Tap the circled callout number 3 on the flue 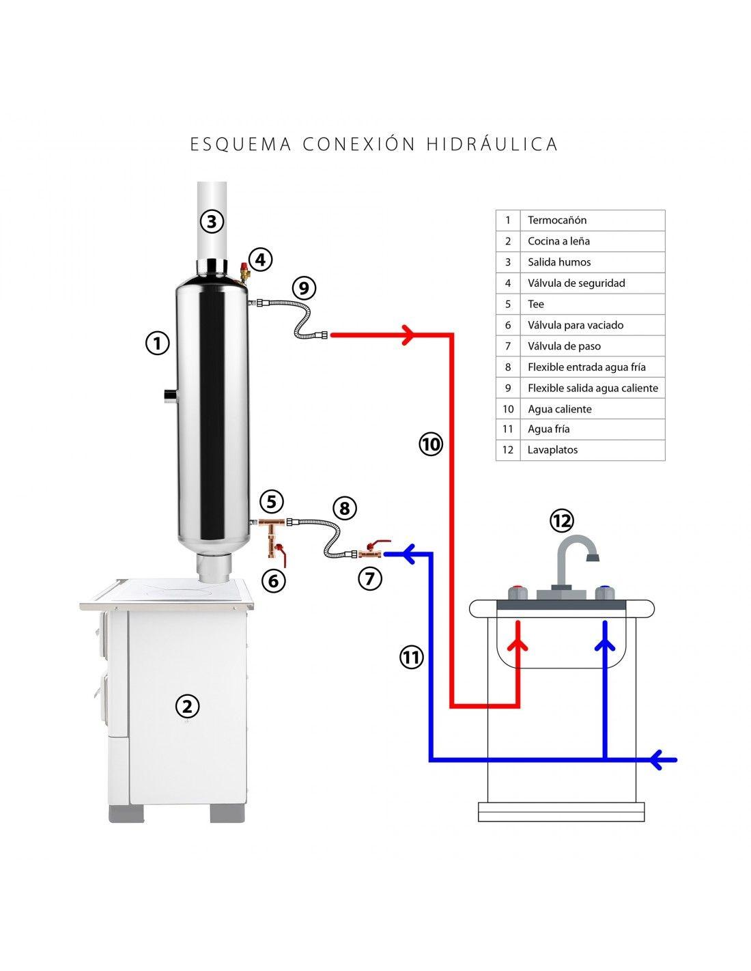point(212,221)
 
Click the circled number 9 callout point(304,287)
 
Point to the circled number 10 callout point(431,445)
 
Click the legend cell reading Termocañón point(556,221)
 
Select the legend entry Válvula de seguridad point(576,283)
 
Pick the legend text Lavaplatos point(552,450)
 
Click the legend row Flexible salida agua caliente point(592,388)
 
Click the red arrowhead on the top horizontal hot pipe point(408,334)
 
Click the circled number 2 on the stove point(186,706)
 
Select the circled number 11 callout point(411,658)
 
